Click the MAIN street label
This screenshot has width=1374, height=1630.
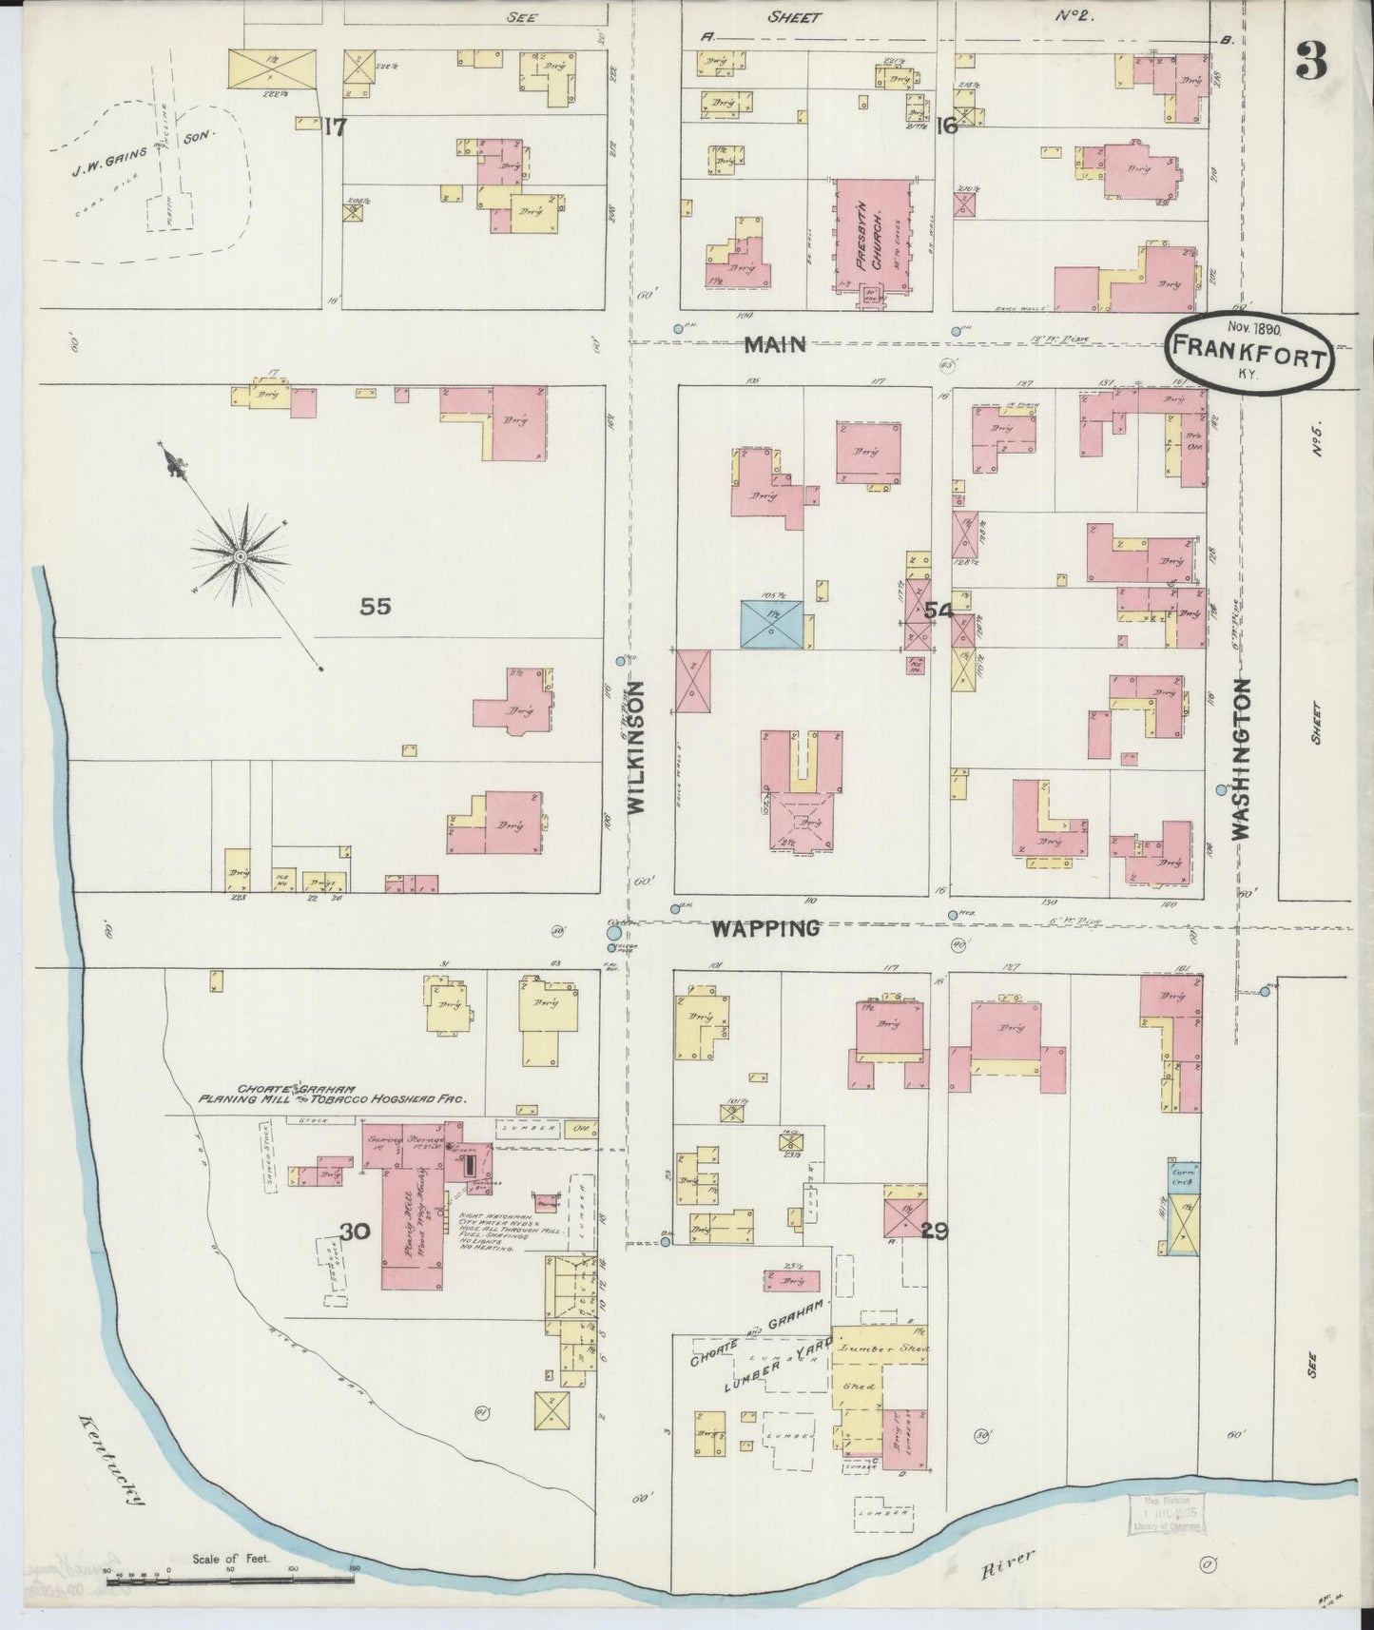pos(775,344)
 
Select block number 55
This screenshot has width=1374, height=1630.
pos(376,607)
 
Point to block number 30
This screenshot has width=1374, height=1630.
pos(355,1232)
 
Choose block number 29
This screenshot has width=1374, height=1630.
pos(934,1232)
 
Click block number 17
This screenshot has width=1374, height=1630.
pos(333,126)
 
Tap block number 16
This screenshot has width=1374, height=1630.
pos(945,126)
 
